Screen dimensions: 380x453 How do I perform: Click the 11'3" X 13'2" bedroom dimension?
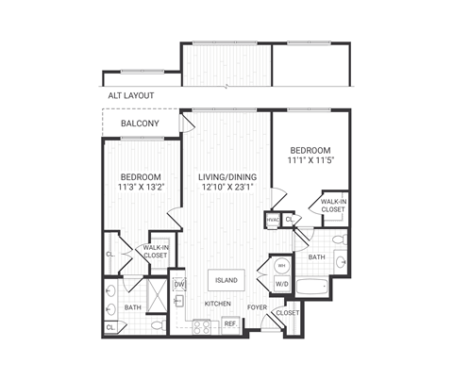(140, 188)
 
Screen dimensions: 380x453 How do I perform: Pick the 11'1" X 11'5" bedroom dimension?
(310, 161)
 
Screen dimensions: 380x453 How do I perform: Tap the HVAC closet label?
(274, 220)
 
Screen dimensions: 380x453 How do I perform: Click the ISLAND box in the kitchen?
(226, 280)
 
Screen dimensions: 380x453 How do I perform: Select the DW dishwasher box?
(179, 282)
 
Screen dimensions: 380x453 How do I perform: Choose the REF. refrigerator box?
(229, 324)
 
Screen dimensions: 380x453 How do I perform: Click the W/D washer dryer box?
(281, 283)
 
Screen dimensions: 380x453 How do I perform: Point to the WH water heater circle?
(281, 265)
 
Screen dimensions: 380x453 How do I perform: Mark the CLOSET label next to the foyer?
(287, 312)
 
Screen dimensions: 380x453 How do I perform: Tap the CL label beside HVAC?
(290, 220)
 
